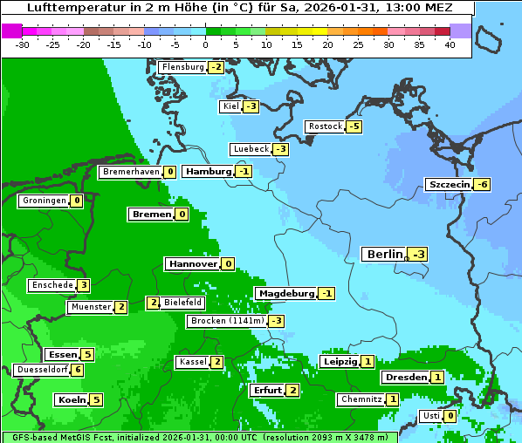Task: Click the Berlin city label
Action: pyautogui.click(x=384, y=254)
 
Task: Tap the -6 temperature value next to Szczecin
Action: pyautogui.click(x=483, y=184)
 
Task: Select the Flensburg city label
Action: pyautogui.click(x=182, y=67)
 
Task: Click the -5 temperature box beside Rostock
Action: pyautogui.click(x=354, y=126)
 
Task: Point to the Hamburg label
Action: pyautogui.click(x=208, y=171)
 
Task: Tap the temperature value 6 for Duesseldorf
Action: pyautogui.click(x=79, y=370)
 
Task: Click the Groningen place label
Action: pyautogui.click(x=44, y=201)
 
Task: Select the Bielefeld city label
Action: pyautogui.click(x=183, y=303)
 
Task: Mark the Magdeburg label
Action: pyautogui.click(x=285, y=293)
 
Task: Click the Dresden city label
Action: pyautogui.click(x=405, y=378)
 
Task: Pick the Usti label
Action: pyautogui.click(x=430, y=416)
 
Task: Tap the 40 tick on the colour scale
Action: pyautogui.click(x=450, y=44)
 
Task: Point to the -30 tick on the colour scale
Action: pyautogui.click(x=23, y=44)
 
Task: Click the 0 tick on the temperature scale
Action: pyautogui.click(x=205, y=44)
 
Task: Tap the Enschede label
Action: pyautogui.click(x=52, y=285)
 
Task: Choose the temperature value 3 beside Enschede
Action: pyautogui.click(x=83, y=285)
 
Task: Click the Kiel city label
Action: pyautogui.click(x=230, y=106)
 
